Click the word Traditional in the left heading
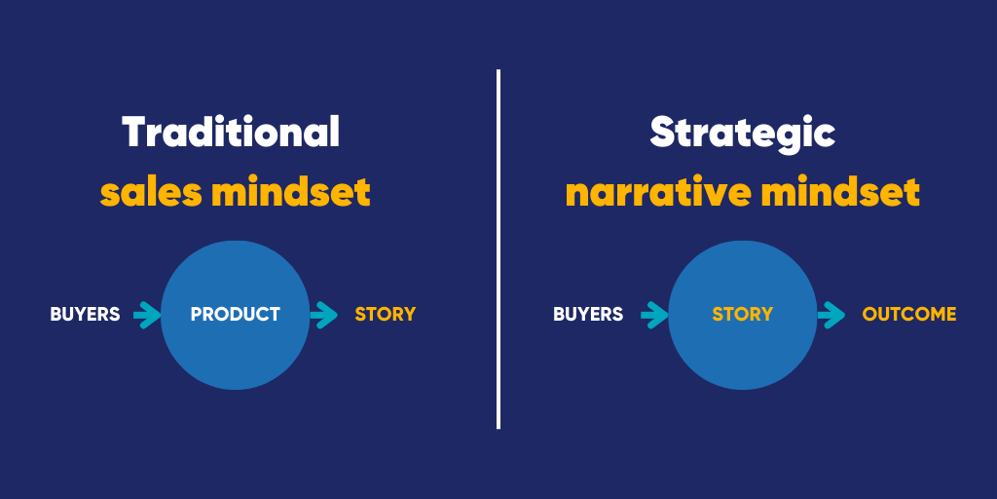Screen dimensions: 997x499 [231, 132]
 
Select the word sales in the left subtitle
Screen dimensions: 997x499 [150, 193]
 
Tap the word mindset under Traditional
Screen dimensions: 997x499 [291, 193]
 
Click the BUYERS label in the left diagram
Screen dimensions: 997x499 [86, 315]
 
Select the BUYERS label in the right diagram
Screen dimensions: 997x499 [588, 315]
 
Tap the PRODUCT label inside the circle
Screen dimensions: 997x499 [236, 315]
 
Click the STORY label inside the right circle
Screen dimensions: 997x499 [743, 315]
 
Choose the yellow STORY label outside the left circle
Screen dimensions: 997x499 [386, 315]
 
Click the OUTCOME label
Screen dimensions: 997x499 [909, 315]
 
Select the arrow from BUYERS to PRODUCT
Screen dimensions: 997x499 [148, 315]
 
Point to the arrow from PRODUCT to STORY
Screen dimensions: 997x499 [324, 315]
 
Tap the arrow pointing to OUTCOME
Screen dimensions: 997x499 [831, 315]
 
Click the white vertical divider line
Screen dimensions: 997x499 [498, 249]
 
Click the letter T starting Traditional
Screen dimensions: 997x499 [134, 133]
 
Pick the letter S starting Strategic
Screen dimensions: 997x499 [663, 133]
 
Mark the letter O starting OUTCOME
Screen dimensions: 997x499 [869, 315]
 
